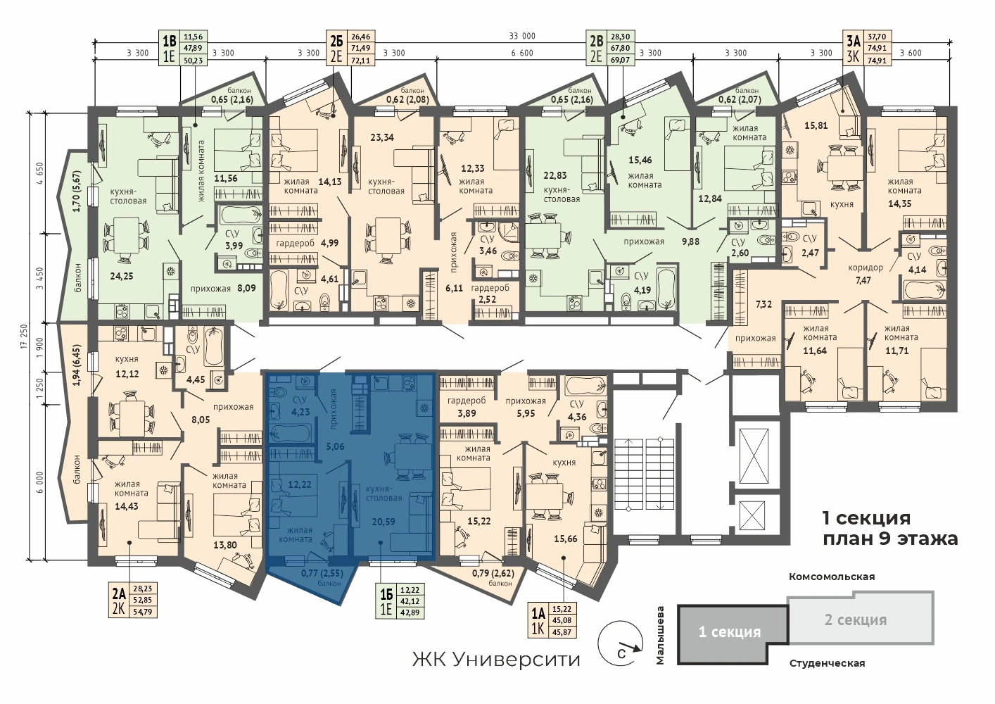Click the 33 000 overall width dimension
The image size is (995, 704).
[x=522, y=36]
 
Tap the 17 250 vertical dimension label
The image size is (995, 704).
[x=24, y=337]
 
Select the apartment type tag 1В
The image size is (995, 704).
[x=170, y=42]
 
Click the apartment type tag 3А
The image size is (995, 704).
[x=854, y=42]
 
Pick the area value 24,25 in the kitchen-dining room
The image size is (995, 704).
[x=121, y=276]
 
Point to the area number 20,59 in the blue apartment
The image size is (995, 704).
[x=384, y=522]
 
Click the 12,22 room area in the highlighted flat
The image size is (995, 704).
[x=299, y=484]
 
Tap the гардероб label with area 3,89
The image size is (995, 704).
[x=467, y=401]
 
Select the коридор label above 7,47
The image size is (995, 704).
[x=866, y=268]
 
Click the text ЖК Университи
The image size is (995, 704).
[x=496, y=660]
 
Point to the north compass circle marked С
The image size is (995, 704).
[x=620, y=644]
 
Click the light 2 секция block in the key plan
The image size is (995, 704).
[x=861, y=618]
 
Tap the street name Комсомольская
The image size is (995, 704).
[x=832, y=577]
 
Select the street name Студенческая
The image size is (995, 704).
[x=827, y=664]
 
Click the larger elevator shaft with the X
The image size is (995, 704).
[x=754, y=458]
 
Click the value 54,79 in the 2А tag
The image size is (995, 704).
[x=143, y=612]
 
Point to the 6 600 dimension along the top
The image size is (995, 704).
[x=522, y=54]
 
